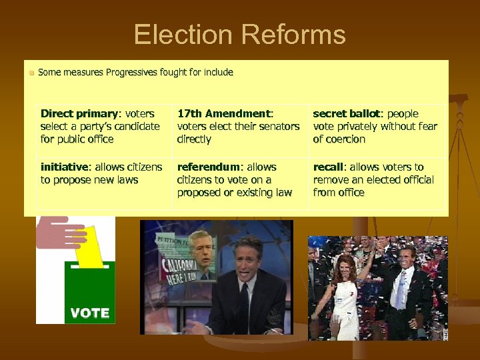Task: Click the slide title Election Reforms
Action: coord(239,34)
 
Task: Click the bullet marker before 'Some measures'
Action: coord(31,72)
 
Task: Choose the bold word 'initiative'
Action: coord(65,167)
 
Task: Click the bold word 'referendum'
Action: coord(207,167)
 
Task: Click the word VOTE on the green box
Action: coord(89,313)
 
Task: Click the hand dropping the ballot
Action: coord(60,232)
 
